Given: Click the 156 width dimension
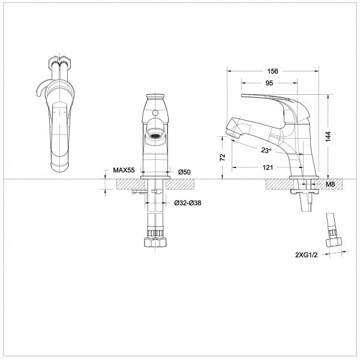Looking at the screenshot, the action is pos(272,71).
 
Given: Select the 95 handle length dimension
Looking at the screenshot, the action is pos(269,83).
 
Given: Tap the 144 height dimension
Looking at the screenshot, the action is pos(328,137).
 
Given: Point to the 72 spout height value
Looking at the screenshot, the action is pos(223,157).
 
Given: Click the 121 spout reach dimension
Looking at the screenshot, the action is pos(268,167).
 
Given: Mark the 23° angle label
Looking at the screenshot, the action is pos(266,151).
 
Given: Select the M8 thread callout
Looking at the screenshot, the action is pos(331,184).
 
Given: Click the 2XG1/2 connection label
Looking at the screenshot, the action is pos(306,255).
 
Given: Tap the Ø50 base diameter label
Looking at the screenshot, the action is pos(184,172).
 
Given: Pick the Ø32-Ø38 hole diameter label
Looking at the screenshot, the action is pos(188,203).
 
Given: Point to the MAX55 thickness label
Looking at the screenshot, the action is pos(124,170).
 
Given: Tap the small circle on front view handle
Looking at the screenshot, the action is pos(155,113).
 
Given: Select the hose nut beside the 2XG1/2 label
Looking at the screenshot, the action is pos(334,242).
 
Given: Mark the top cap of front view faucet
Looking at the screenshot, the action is pos(155,95).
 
